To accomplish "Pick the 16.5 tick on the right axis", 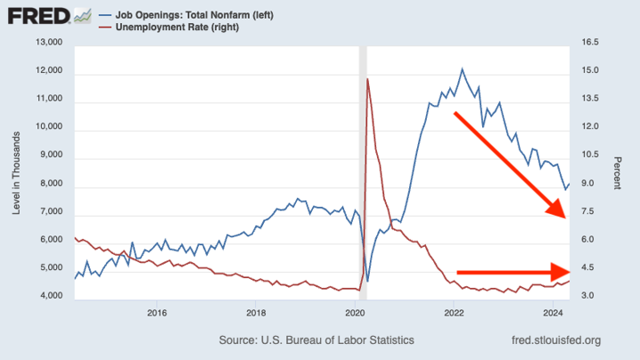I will pos(590,42).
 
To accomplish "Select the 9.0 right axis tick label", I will pos(587,184).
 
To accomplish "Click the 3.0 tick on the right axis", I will pos(587,297).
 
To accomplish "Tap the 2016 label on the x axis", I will pos(157,312).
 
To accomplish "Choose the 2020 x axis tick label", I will pos(355,312).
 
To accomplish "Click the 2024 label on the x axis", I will pos(553,312).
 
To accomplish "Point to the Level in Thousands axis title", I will pos(16,169).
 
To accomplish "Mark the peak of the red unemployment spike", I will pos(367,79).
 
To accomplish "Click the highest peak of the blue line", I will pos(462,69).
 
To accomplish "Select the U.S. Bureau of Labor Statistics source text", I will pos(316,340).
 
